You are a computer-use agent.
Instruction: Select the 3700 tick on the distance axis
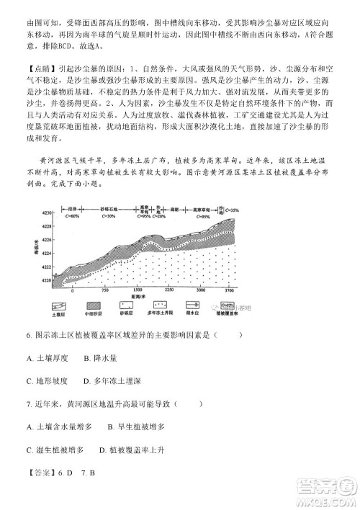(230, 289)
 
